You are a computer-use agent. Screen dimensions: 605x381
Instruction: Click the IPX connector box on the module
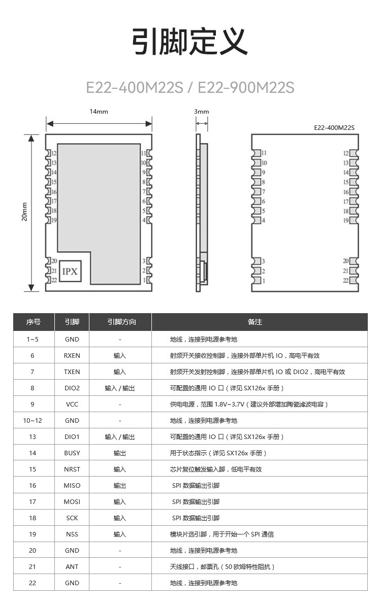click(x=70, y=272)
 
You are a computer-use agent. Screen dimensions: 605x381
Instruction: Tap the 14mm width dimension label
click(x=99, y=112)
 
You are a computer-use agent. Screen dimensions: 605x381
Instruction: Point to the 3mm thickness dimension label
click(x=202, y=112)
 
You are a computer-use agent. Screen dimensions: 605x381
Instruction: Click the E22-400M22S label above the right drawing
click(x=334, y=128)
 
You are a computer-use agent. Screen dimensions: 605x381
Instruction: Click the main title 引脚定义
click(x=190, y=42)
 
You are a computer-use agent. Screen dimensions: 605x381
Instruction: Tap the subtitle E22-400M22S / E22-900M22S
click(x=190, y=87)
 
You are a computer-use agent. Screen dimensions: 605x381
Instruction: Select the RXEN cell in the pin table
click(x=72, y=355)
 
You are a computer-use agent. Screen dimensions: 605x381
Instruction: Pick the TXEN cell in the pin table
click(x=72, y=372)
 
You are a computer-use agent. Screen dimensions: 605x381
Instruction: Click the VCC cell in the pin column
click(x=72, y=404)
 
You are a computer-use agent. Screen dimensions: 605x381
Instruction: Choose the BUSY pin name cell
click(x=72, y=453)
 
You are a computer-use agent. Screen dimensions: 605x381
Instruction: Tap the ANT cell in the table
click(x=72, y=566)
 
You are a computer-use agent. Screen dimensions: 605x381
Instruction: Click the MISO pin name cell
click(x=72, y=485)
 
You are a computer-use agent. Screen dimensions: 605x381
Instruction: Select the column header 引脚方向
click(x=120, y=322)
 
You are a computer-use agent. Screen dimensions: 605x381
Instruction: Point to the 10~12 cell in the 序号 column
click(x=33, y=420)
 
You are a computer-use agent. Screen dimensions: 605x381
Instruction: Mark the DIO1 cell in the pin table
click(x=72, y=436)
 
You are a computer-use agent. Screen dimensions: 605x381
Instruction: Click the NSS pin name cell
click(x=72, y=534)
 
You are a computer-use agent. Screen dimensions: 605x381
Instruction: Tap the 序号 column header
click(x=34, y=322)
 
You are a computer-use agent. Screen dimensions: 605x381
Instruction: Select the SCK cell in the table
click(x=72, y=518)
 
